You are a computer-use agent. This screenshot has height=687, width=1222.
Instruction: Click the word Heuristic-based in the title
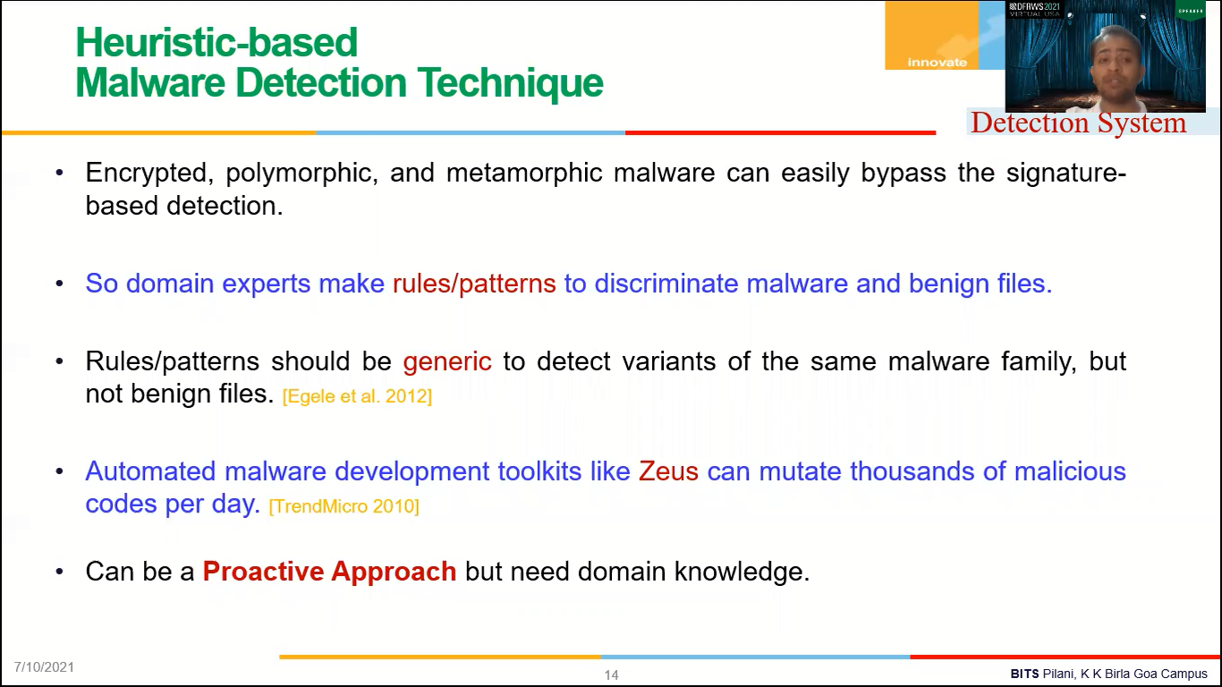tap(216, 42)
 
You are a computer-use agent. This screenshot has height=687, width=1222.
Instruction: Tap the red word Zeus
tap(668, 471)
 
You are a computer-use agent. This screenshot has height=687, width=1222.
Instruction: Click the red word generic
tap(447, 361)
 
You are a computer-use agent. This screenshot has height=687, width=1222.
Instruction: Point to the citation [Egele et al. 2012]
tap(357, 396)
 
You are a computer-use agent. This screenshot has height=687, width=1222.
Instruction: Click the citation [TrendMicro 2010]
tap(344, 506)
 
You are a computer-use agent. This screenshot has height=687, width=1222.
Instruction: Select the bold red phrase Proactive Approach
tap(329, 572)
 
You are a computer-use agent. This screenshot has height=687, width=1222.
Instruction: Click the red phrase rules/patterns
tap(474, 284)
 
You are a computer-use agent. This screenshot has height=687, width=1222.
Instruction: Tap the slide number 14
tap(611, 675)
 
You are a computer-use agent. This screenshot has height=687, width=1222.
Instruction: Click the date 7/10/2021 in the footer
tap(44, 667)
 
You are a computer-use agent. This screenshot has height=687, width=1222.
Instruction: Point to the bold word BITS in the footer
tap(1024, 674)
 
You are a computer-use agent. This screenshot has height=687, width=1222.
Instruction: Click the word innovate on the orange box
tap(937, 62)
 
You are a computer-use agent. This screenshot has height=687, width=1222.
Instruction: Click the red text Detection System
tap(1078, 123)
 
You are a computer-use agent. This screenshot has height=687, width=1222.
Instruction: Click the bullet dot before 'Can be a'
tap(60, 572)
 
